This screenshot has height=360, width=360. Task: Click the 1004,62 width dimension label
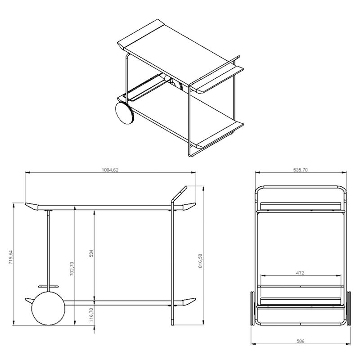[x=110, y=170]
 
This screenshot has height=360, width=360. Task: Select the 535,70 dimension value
[x=300, y=170]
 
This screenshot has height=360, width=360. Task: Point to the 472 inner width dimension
[x=300, y=273]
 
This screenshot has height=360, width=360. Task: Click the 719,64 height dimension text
[x=11, y=257]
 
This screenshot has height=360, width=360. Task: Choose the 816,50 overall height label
[x=200, y=261]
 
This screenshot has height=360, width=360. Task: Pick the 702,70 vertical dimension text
[x=72, y=269]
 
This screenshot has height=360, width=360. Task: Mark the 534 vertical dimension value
[x=91, y=253]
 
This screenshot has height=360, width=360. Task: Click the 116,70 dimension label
[x=91, y=315]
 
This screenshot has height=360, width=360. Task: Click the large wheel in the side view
[x=48, y=308]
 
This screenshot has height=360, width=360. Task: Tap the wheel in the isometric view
[x=125, y=113]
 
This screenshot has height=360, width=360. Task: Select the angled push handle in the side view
[x=179, y=194]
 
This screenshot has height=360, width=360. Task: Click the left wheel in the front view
[x=252, y=308]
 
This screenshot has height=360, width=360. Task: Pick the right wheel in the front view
[x=349, y=308]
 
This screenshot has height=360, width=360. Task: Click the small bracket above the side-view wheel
[x=48, y=286]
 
